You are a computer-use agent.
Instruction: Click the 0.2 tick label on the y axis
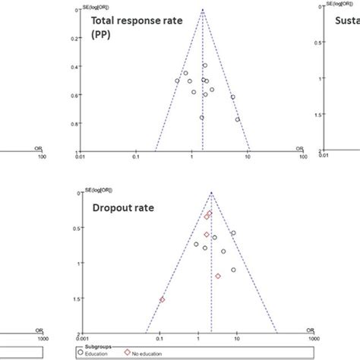(72, 38)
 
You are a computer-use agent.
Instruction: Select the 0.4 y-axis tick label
(72, 67)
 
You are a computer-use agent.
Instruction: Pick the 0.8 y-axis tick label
(72, 124)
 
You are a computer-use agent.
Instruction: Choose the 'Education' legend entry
(101, 354)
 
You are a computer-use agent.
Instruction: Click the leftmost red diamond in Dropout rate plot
(162, 300)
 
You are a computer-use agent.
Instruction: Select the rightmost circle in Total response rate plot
(238, 119)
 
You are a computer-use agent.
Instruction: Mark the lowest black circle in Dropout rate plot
(233, 270)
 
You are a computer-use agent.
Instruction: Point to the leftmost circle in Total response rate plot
(177, 81)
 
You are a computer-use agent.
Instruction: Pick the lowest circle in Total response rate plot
(201, 118)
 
